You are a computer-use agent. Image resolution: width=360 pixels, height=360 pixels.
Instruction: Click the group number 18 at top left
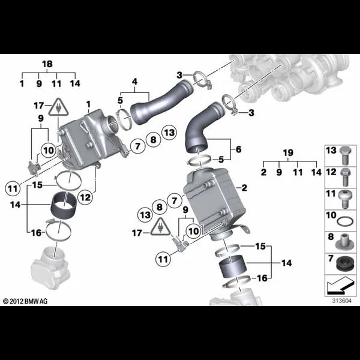(47, 64)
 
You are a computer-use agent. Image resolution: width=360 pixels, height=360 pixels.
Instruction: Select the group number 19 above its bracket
(288, 152)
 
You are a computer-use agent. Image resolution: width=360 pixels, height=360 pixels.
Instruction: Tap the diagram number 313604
(341, 301)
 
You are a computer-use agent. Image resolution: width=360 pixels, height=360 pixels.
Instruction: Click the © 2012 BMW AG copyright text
(25, 301)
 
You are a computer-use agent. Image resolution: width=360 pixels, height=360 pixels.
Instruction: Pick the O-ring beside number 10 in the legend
(345, 221)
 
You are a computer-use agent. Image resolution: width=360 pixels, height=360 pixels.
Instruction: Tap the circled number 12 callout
(85, 197)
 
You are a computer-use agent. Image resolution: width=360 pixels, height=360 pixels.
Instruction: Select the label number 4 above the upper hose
(134, 81)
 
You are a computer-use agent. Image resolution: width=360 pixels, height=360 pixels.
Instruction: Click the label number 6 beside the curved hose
(239, 149)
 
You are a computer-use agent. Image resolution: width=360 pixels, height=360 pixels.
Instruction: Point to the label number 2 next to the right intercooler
(244, 188)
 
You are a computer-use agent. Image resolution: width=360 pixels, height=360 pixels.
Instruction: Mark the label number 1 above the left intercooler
(88, 104)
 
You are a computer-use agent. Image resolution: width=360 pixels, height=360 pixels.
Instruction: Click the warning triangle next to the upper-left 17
(59, 107)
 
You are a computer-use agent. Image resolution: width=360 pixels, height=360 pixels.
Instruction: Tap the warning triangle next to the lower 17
(160, 227)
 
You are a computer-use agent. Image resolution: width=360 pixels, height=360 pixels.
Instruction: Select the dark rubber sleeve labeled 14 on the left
(62, 203)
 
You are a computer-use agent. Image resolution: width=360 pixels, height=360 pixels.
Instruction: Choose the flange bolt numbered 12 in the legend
(346, 177)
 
